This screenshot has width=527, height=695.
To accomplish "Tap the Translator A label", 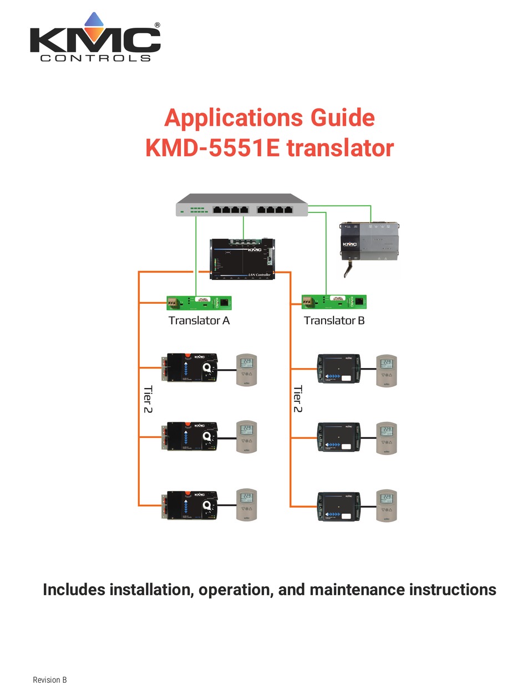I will coord(199,320).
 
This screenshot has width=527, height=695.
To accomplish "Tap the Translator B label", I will coord(334,320).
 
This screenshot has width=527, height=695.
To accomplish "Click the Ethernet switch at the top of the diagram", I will coord(242,205).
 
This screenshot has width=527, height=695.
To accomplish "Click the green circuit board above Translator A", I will coord(199,303).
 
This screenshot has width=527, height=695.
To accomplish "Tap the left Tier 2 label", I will coord(148,399).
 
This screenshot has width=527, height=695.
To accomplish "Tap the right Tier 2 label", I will coord(298,399).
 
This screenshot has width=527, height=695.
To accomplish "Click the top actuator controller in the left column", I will coord(190,367).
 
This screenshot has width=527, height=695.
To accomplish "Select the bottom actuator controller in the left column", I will coord(190,505).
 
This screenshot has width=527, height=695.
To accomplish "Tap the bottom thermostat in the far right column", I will coord(387,505).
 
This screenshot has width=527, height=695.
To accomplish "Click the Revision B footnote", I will coord(50,680).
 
